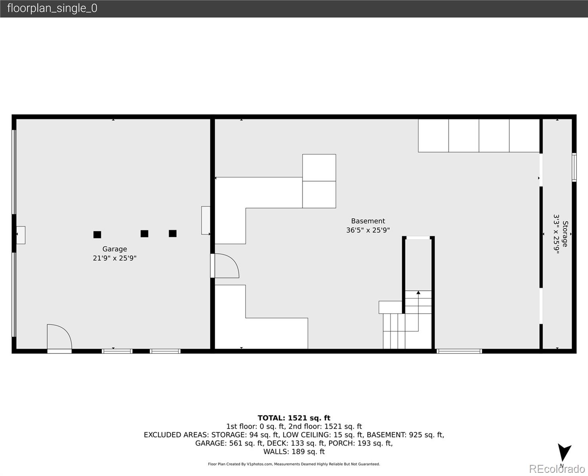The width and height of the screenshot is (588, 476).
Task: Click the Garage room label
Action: (x=115, y=249)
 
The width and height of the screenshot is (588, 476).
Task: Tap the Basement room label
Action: (x=368, y=221)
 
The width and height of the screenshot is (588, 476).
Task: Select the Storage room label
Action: (x=565, y=234)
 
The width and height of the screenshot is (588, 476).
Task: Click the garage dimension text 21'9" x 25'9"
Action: (x=115, y=258)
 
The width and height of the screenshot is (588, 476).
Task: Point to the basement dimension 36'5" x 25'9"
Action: (x=368, y=230)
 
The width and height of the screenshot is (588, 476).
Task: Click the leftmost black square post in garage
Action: (x=97, y=234)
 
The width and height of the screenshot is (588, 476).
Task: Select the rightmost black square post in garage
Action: (x=172, y=234)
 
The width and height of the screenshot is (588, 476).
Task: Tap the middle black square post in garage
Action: (x=144, y=234)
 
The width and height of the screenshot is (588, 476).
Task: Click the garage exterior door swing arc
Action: (x=59, y=337)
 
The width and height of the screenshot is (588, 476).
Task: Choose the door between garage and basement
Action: (x=225, y=266)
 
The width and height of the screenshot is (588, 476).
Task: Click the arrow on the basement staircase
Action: (x=418, y=293)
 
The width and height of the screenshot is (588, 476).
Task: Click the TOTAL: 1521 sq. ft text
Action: (x=294, y=418)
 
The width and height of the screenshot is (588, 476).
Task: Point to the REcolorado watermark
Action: (x=558, y=469)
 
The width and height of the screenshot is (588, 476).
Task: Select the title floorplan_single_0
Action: (x=52, y=8)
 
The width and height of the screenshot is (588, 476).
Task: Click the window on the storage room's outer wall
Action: (x=574, y=167)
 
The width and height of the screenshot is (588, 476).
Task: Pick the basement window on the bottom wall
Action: (x=459, y=351)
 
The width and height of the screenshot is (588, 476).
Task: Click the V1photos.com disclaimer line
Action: (x=294, y=464)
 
